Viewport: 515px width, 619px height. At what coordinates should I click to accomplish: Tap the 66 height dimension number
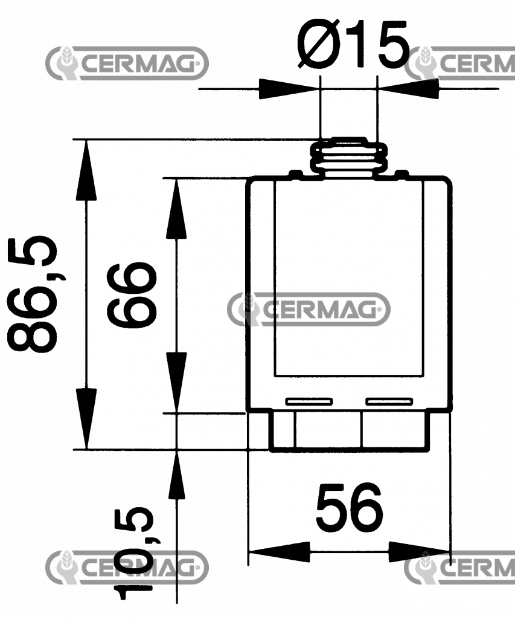click(132, 295)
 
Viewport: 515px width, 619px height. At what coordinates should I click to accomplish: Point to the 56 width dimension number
click(350, 508)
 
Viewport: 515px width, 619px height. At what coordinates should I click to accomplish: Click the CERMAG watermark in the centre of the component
click(309, 309)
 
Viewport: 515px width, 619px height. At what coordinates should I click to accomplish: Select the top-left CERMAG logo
click(127, 63)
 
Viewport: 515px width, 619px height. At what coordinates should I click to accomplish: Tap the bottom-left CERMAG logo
click(127, 567)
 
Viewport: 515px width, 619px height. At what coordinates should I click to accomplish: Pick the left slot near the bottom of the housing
click(309, 401)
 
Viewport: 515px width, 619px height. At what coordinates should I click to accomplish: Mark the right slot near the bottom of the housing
click(389, 401)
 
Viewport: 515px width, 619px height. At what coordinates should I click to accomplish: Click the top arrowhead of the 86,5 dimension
click(86, 169)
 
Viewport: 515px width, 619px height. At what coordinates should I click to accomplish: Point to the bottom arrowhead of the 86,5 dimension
click(86, 420)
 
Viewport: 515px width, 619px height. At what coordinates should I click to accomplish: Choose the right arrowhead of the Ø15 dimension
click(407, 90)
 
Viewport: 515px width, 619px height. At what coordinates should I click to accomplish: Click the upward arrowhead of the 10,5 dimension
click(176, 478)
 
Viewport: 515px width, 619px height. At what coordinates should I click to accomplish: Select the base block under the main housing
click(348, 430)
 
